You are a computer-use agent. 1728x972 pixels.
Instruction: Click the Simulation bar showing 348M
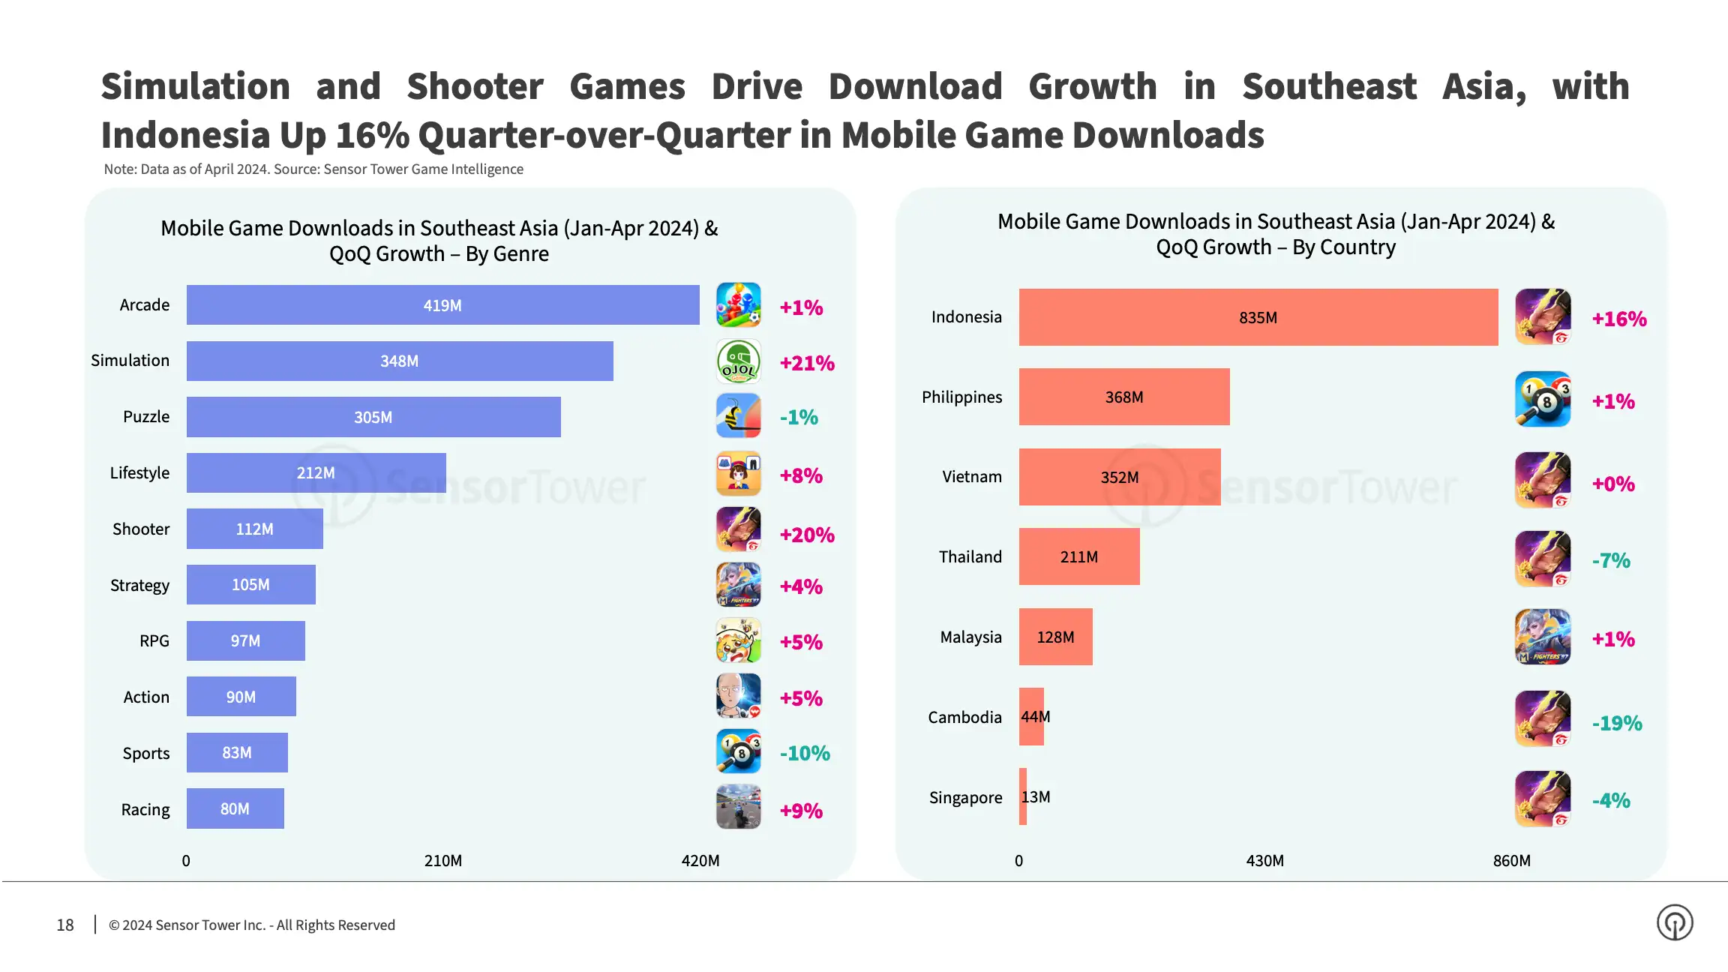pyautogui.click(x=399, y=361)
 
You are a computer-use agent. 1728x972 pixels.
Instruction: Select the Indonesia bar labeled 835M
pyautogui.click(x=1258, y=317)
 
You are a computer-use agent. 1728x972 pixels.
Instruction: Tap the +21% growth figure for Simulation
pyautogui.click(x=807, y=363)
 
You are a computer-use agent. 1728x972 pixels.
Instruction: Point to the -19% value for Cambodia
pyautogui.click(x=1617, y=723)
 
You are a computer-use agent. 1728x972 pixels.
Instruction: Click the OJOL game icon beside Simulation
pyautogui.click(x=739, y=361)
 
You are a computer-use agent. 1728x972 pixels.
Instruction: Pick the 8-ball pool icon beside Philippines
pyautogui.click(x=1543, y=399)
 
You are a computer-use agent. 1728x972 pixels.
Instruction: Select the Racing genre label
pyautogui.click(x=145, y=809)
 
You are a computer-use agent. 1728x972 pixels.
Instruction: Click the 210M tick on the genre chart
pyautogui.click(x=442, y=860)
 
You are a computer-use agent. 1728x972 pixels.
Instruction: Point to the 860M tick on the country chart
pyautogui.click(x=1511, y=860)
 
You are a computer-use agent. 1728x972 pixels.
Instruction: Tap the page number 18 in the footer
pyautogui.click(x=65, y=925)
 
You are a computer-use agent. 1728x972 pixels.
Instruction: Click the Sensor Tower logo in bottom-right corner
pyautogui.click(x=1675, y=922)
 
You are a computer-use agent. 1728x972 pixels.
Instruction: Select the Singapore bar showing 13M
pyautogui.click(x=1023, y=796)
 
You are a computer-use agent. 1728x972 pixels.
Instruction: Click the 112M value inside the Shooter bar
pyautogui.click(x=254, y=529)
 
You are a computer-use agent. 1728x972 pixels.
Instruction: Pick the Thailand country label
pyautogui.click(x=970, y=556)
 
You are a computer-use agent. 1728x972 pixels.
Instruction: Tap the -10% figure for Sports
pyautogui.click(x=805, y=753)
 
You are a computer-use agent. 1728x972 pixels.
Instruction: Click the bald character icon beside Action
pyautogui.click(x=739, y=696)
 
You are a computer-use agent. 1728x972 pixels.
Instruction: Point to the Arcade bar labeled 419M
pyautogui.click(x=442, y=305)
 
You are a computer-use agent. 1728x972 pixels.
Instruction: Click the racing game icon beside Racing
pyautogui.click(x=739, y=807)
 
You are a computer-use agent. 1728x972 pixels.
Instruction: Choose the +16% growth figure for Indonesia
pyautogui.click(x=1619, y=319)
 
